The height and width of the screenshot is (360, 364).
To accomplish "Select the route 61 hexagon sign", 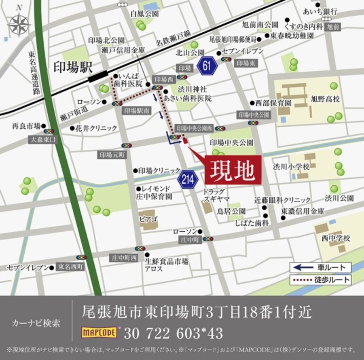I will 207,66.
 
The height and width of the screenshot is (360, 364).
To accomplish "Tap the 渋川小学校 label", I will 291,166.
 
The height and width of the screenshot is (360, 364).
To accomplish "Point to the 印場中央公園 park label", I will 231,143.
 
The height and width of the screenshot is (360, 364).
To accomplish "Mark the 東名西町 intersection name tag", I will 70,267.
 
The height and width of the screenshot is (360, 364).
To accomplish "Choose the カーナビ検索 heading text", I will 36,323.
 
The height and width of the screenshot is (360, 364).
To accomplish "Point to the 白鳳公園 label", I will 144,14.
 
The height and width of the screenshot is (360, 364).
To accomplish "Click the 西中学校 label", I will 335,238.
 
